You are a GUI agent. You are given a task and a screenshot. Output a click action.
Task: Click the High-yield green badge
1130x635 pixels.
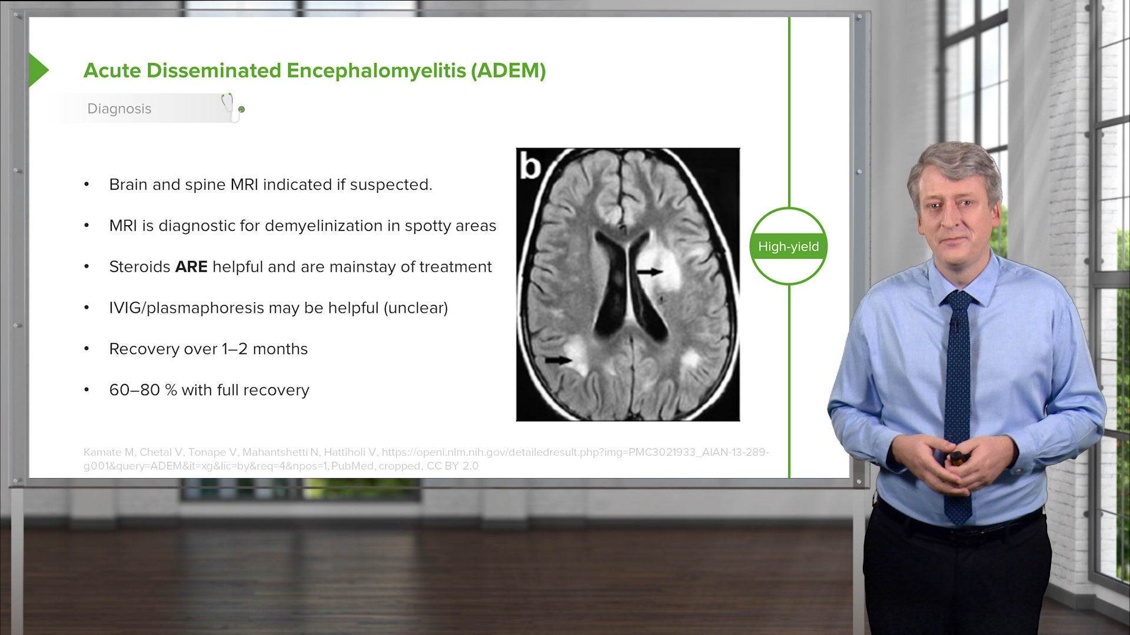tap(788, 246)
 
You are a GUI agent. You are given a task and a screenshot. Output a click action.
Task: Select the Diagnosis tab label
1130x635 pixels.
tap(119, 109)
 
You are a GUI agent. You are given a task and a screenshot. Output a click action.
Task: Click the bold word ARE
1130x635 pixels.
tap(191, 267)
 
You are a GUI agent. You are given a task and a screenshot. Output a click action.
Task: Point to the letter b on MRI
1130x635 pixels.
tap(530, 166)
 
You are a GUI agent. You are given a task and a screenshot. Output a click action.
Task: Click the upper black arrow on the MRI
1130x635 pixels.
tap(650, 272)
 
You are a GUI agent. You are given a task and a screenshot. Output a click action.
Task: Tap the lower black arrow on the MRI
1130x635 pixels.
tap(557, 360)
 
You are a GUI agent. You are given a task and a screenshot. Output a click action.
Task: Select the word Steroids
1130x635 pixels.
tap(139, 267)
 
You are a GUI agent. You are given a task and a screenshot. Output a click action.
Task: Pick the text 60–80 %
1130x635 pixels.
tap(143, 390)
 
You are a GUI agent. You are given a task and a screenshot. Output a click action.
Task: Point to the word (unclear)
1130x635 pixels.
tap(416, 308)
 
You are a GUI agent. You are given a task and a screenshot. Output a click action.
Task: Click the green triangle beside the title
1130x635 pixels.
tap(38, 70)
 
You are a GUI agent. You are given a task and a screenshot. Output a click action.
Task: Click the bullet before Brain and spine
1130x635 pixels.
tap(87, 185)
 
